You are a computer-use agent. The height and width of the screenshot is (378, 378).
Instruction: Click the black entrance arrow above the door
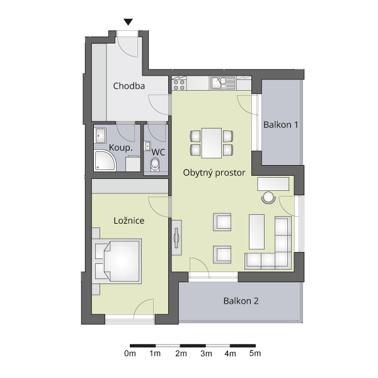point(129,22)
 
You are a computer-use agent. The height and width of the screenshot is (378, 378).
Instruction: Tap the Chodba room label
point(129,86)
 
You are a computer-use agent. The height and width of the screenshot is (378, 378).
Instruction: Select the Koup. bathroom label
point(121,148)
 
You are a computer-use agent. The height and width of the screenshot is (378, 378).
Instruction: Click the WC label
point(158,152)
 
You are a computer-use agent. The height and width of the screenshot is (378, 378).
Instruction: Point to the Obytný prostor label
point(214,173)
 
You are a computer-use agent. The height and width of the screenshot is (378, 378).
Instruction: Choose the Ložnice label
point(129,220)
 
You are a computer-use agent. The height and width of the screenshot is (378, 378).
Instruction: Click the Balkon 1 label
point(280,125)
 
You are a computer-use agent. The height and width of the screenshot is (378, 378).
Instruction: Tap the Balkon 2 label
point(241,301)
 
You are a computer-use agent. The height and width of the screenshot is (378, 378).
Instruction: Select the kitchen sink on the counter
point(223,83)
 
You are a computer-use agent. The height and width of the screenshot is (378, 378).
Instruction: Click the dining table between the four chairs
point(212,143)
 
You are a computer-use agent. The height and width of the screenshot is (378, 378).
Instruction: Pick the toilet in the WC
point(155,164)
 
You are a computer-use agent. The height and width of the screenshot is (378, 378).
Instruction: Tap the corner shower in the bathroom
point(104,160)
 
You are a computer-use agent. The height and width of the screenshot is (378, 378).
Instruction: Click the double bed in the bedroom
point(117,261)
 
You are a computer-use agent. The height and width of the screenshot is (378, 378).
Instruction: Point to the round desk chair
point(268,197)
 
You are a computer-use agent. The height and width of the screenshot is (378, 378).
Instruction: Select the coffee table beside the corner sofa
point(256,232)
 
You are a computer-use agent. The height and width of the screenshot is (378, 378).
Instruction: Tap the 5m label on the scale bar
point(255,353)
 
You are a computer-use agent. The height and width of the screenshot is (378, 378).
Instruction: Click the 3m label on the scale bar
point(206,353)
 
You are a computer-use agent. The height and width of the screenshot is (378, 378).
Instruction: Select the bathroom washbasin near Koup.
point(101,135)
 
